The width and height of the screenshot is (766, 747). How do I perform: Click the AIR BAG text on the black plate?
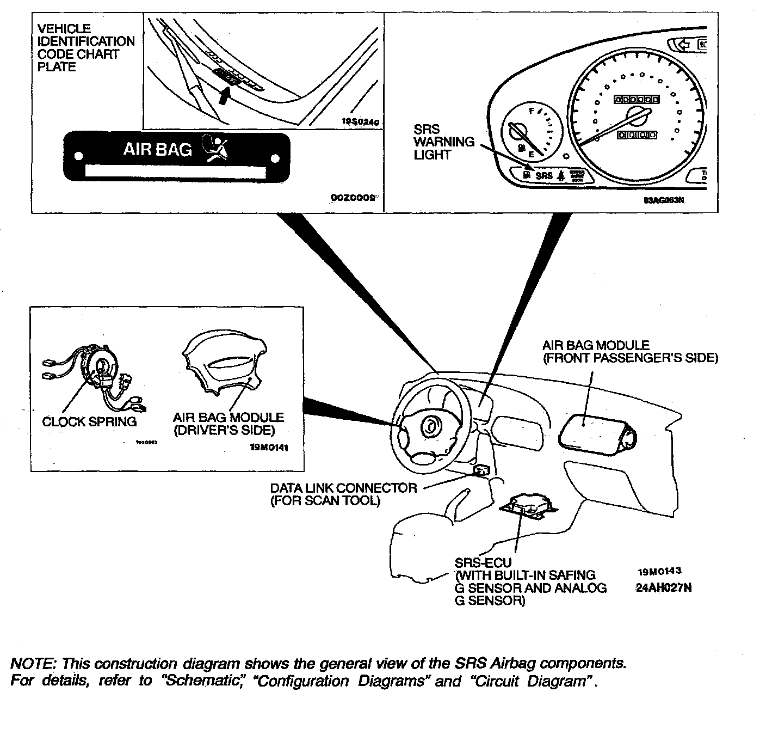tap(158, 149)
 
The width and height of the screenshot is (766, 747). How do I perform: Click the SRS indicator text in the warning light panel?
tap(543, 176)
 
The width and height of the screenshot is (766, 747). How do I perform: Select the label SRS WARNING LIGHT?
tap(443, 142)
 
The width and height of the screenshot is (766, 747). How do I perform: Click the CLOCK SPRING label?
tap(89, 421)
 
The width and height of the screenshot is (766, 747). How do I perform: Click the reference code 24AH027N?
tap(664, 588)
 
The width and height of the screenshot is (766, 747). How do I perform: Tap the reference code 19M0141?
tap(269, 448)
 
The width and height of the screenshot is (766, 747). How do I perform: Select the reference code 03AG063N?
tap(664, 200)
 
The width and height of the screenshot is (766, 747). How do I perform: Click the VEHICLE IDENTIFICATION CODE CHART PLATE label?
tap(85, 48)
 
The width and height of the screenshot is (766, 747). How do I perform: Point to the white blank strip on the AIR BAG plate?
tap(175, 173)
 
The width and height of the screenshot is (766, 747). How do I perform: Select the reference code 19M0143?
tap(659, 572)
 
